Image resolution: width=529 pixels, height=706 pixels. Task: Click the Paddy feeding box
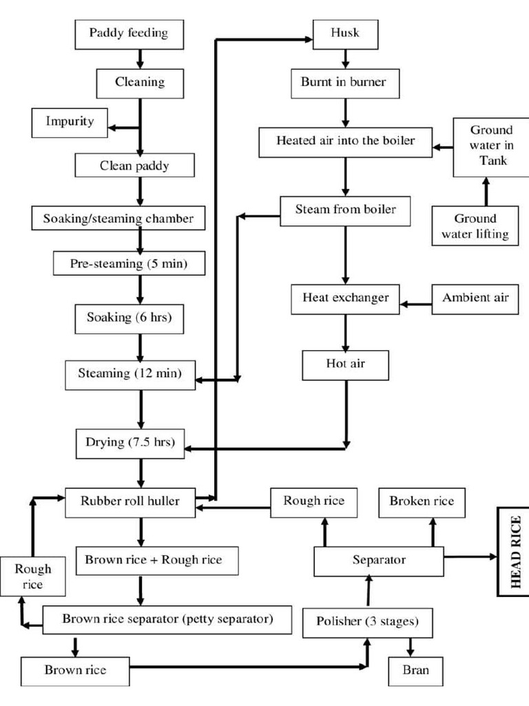pyautogui.click(x=129, y=32)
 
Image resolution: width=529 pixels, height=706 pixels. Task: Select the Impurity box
pyautogui.click(x=70, y=122)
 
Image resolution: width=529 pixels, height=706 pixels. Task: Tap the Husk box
pyautogui.click(x=345, y=32)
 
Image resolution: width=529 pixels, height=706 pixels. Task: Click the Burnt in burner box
pyautogui.click(x=343, y=83)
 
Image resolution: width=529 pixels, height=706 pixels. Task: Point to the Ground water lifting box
pyautogui.click(x=475, y=226)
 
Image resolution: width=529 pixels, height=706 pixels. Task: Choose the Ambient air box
pyautogui.click(x=475, y=298)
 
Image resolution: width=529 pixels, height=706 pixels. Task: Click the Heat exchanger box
pyautogui.click(x=346, y=299)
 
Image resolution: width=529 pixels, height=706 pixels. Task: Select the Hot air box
pyautogui.click(x=346, y=365)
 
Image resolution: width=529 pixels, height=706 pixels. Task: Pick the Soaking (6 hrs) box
pyautogui.click(x=129, y=318)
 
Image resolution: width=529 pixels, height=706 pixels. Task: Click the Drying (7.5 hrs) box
pyautogui.click(x=130, y=443)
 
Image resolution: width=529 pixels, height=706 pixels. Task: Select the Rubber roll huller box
pyautogui.click(x=131, y=501)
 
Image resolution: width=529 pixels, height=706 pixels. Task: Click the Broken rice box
pyautogui.click(x=422, y=502)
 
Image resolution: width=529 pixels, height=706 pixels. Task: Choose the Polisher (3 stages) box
pyautogui.click(x=367, y=622)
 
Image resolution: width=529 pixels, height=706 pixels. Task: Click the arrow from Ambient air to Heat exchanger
pyautogui.click(x=416, y=302)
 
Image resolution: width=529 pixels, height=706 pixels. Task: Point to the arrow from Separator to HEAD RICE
pyautogui.click(x=470, y=556)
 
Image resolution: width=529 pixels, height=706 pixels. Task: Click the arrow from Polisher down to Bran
pyautogui.click(x=411, y=647)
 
